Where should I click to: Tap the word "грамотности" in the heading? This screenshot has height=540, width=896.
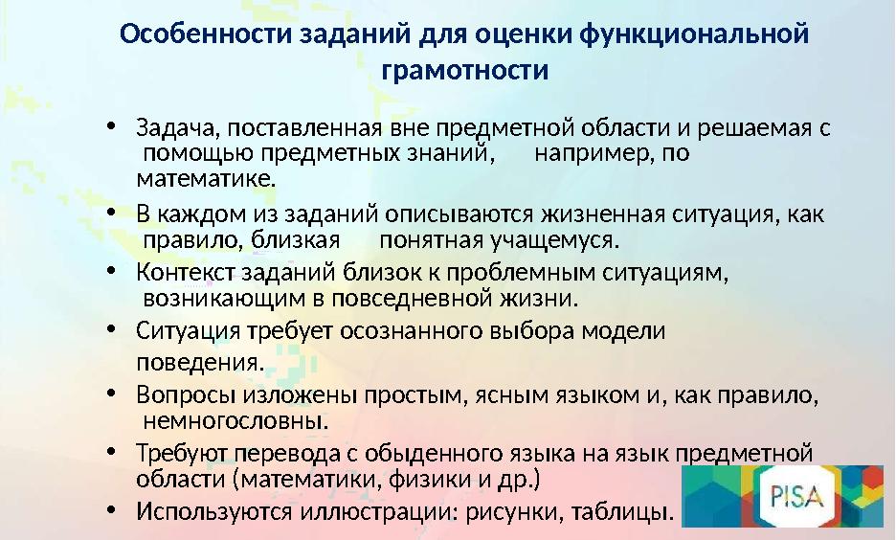[464, 71]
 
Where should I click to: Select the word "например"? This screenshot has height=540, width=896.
[583, 153]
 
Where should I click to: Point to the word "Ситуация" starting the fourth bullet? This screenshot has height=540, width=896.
[184, 332]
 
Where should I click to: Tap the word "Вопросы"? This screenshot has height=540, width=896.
[179, 394]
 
